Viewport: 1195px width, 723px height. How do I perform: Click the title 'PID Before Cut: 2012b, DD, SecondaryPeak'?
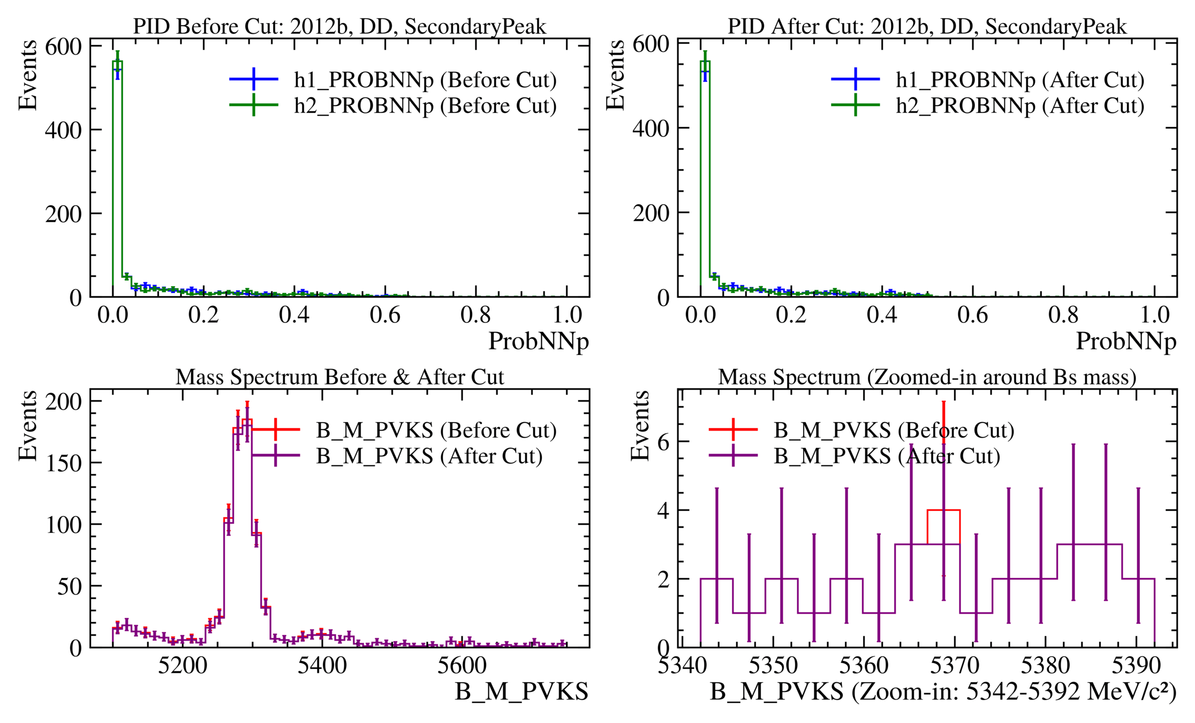[339, 26]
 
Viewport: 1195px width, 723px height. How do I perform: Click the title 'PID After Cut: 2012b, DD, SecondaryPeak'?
[927, 26]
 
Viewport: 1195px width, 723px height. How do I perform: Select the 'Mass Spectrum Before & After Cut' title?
[339, 377]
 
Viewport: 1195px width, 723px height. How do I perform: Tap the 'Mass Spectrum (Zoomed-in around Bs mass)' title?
[927, 377]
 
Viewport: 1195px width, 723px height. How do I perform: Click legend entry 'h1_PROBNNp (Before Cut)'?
[425, 80]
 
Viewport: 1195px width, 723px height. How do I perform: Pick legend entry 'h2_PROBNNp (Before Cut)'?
[425, 106]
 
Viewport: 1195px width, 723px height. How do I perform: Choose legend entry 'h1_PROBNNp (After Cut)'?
[1020, 80]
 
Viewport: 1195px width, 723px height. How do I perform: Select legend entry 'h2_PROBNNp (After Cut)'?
[1020, 106]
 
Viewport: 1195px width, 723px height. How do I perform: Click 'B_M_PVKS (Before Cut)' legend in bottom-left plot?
[436, 430]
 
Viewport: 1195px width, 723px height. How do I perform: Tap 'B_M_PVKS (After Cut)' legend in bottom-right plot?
[887, 456]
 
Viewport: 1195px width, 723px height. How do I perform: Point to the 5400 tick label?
[322, 666]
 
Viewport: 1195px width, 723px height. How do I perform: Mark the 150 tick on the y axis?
[64, 463]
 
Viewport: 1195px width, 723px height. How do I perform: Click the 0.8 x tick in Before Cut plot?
[475, 315]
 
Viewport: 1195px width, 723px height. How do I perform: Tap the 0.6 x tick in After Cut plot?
[972, 315]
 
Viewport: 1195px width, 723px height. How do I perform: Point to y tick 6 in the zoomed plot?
[663, 442]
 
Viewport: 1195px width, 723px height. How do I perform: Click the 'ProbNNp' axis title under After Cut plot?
[1126, 341]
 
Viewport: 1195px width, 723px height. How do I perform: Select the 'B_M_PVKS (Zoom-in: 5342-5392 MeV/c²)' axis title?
[943, 692]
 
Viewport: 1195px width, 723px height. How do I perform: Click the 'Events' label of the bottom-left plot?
[28, 426]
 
